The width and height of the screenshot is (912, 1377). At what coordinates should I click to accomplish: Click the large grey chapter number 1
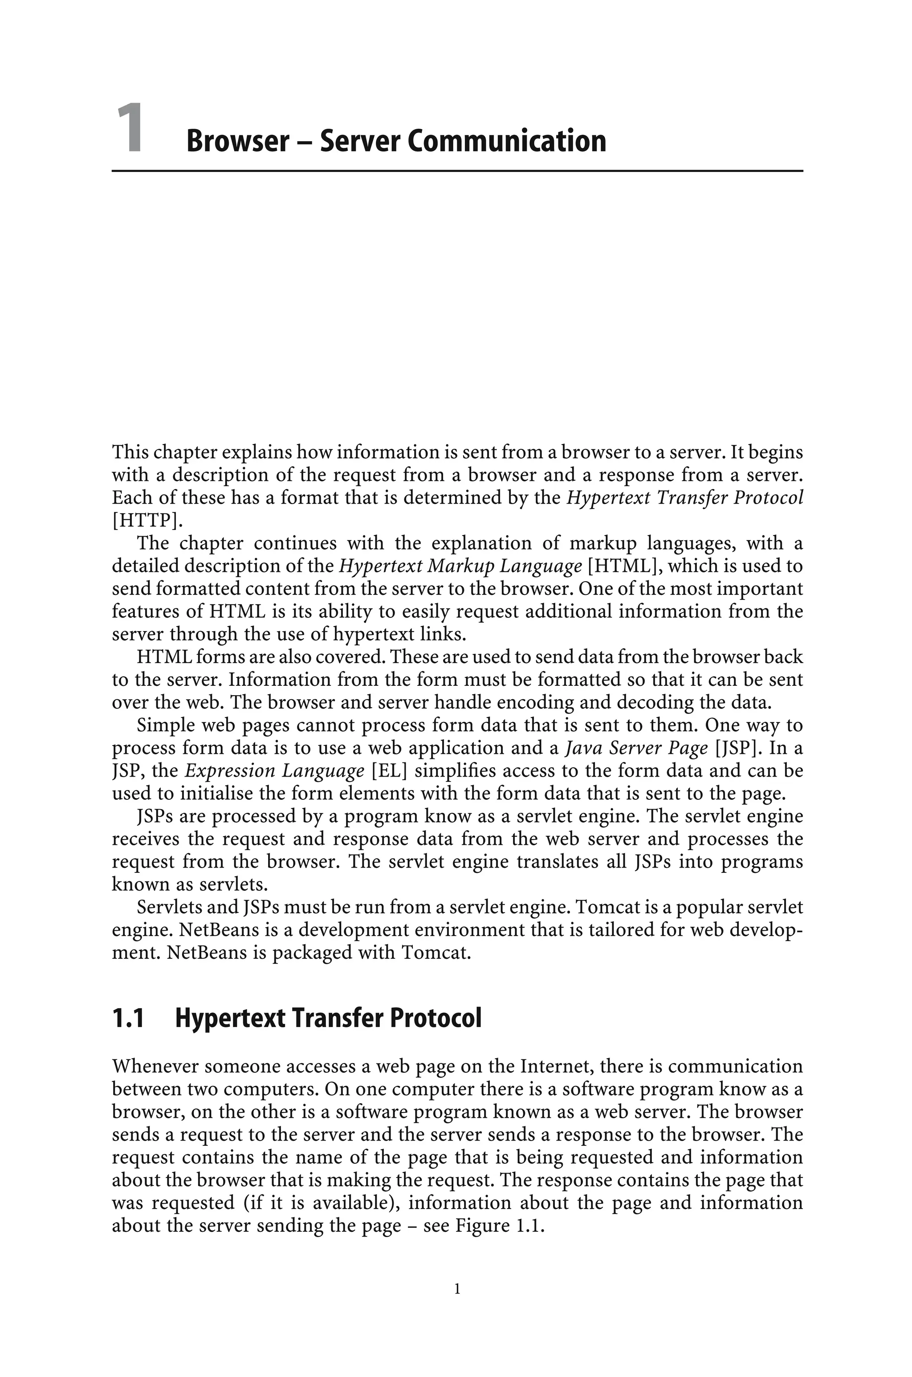129,129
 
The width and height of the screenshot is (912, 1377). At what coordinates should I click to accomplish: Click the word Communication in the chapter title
506,141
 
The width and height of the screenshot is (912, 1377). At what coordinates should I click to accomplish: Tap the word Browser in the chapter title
237,141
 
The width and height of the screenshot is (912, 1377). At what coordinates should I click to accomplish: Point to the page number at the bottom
456,1289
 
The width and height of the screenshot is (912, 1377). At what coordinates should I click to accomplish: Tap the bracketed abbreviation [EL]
388,771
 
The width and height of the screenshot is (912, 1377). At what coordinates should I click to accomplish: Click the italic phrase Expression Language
274,771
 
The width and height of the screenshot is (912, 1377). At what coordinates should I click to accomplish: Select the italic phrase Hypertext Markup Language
460,566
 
